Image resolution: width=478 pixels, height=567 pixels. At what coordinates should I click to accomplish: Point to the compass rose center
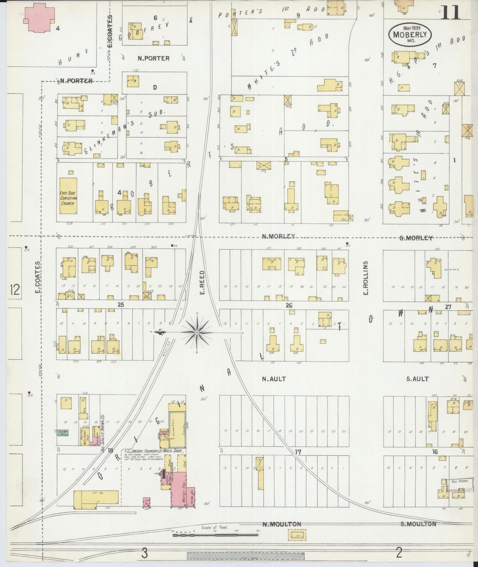point(197,332)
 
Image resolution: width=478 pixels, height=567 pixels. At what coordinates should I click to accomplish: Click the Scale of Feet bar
point(215,534)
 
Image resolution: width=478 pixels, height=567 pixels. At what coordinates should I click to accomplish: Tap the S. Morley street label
point(416,238)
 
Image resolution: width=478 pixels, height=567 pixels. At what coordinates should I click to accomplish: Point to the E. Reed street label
point(202,282)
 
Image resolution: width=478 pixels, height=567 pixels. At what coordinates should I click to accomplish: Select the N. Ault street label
point(274,379)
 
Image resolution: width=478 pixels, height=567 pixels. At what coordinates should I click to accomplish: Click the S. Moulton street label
point(418,524)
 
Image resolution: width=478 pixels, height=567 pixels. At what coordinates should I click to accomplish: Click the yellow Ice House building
point(96,498)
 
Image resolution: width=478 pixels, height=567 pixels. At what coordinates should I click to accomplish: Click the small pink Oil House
point(147,502)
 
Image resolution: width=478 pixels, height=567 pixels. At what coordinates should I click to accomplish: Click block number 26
point(289,305)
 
